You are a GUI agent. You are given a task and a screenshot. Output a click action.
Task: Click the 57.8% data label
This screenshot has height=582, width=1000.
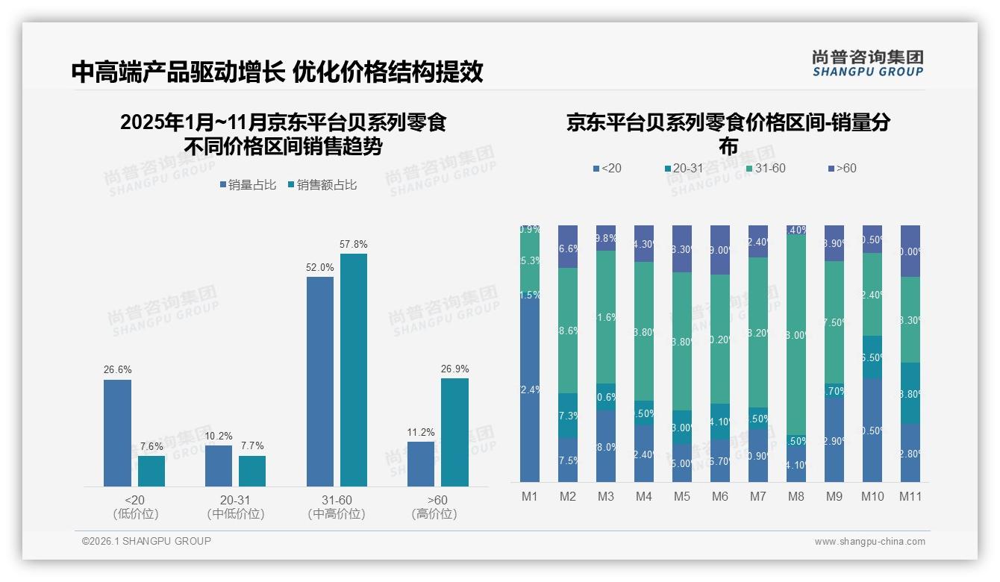click(354, 244)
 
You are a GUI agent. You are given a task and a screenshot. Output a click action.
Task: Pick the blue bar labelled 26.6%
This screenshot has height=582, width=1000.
click(117, 433)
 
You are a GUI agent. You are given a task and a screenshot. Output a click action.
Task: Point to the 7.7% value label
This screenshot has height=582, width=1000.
click(252, 445)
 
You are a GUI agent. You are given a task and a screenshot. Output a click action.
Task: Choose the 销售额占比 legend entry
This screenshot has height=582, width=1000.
click(322, 185)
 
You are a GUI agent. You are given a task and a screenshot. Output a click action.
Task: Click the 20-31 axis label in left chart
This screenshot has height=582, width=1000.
click(235, 500)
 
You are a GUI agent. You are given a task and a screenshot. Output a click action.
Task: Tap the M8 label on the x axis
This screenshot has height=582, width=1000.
click(796, 496)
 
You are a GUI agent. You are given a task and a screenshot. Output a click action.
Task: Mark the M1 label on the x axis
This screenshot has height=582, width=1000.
click(529, 496)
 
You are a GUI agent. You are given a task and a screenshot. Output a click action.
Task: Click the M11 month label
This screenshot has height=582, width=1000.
click(910, 496)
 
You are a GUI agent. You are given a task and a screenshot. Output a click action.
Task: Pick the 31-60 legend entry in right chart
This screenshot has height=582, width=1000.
click(766, 169)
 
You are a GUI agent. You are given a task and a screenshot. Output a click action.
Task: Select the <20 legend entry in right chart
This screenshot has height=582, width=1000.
click(607, 169)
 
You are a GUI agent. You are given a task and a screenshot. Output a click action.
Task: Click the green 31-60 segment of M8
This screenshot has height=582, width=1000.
click(796, 336)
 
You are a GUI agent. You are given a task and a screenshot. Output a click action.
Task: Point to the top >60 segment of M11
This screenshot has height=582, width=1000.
click(910, 251)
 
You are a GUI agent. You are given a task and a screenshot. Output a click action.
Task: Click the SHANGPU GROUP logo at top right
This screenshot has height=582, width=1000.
click(867, 63)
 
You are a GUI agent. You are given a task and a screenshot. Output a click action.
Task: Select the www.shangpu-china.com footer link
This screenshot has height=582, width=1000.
click(869, 542)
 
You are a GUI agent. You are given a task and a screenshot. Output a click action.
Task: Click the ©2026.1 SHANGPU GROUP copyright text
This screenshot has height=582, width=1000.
click(146, 541)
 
